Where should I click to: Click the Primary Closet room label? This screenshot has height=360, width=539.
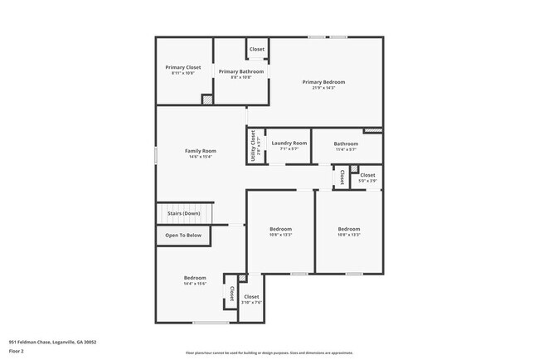[183, 67]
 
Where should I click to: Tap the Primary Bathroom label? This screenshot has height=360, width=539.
[241, 72]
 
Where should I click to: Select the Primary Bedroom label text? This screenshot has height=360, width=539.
[323, 82]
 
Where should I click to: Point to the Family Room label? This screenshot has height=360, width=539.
[200, 151]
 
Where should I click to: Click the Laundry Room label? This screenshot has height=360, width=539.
[289, 144]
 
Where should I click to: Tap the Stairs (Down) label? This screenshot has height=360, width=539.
[184, 213]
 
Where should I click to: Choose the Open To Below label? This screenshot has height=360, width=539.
[183, 236]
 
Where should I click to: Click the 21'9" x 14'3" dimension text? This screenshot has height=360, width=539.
[323, 88]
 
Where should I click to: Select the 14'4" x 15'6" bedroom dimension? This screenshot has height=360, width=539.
[195, 284]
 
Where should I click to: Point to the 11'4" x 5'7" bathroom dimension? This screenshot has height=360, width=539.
[346, 149]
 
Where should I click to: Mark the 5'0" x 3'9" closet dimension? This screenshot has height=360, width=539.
[367, 181]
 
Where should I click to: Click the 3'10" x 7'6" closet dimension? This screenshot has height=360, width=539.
[251, 303]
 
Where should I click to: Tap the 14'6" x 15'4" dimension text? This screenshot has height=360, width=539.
[200, 157]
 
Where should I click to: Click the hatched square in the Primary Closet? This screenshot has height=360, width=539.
[207, 100]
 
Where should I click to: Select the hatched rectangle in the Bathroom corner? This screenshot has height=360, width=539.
[373, 130]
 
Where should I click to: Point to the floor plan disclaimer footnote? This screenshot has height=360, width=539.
[269, 352]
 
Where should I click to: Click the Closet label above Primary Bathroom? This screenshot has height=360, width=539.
[257, 50]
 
